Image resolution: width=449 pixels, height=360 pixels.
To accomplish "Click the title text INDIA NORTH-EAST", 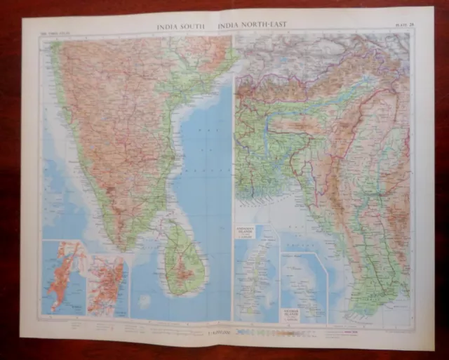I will coord(251,27).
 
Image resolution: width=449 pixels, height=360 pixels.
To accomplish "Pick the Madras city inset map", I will coord(107,284).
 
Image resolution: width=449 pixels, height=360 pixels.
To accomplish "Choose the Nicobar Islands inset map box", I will coord(303,288).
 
